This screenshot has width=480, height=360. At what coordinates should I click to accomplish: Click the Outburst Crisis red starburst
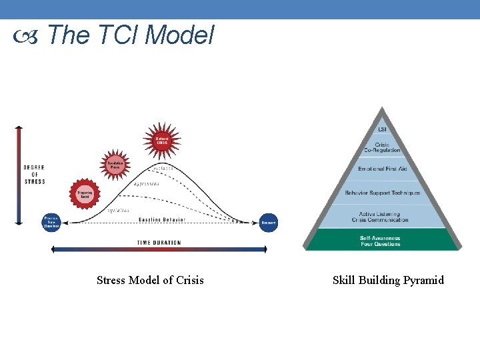pos(162,141)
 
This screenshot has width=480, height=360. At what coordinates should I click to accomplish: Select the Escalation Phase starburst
pos(116,165)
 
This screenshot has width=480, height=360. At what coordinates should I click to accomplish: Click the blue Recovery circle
pos(268,222)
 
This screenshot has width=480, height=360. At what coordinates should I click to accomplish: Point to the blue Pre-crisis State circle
pos(51,222)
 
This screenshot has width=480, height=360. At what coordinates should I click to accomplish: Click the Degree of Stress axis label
pos(34,174)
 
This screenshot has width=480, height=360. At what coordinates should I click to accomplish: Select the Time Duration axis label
pos(159,243)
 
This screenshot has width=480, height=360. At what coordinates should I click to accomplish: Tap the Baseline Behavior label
pos(162,219)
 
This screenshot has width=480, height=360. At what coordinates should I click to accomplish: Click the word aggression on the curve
pos(146,183)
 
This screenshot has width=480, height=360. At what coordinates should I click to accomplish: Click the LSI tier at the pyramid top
pos(382,129)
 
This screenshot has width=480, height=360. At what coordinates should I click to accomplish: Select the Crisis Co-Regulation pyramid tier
pos(382,147)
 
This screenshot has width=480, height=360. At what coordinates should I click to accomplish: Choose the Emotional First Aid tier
pos(382,169)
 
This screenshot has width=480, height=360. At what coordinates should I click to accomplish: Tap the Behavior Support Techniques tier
pos(382,193)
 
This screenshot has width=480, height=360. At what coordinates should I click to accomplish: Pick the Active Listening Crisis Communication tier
pos(382,216)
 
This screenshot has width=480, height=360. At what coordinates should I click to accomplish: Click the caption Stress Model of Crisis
pos(150,280)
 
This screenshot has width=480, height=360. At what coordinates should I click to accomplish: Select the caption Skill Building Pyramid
pos(388,280)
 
